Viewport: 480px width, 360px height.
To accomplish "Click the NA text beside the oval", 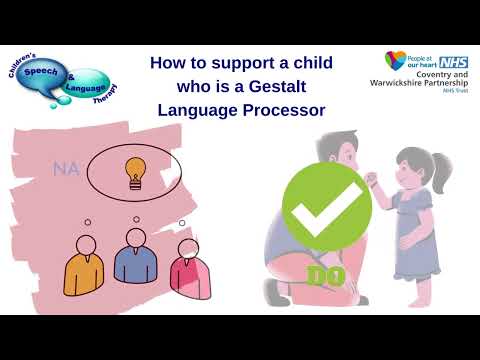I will (66, 169).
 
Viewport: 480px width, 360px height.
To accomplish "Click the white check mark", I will (326, 206).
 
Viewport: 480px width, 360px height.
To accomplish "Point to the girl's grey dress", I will (413, 215).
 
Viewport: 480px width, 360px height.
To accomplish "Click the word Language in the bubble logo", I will (85, 88).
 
